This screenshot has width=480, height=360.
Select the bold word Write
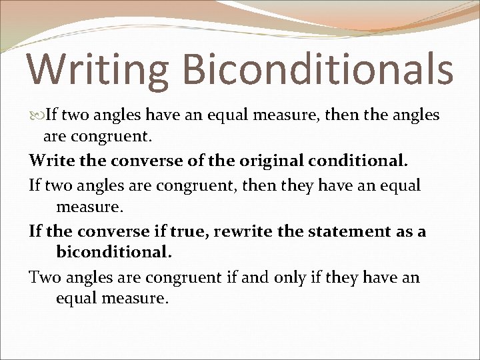coord(50,161)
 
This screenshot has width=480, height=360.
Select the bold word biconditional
coord(114,253)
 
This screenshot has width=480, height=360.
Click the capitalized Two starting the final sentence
coord(44,277)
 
